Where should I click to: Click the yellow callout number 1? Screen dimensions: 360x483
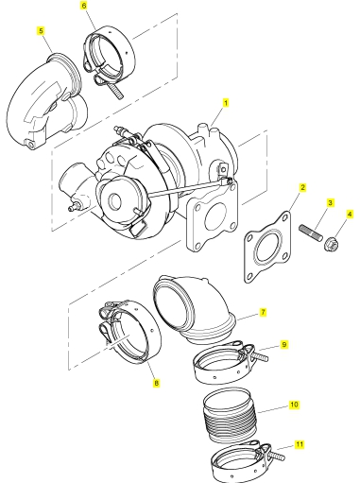pos(225,103)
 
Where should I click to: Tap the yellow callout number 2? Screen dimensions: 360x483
pos(302,188)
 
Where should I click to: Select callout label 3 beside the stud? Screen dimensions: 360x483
pos(330,202)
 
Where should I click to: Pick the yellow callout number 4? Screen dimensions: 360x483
pos(350,215)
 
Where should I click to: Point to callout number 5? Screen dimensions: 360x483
pos(41,31)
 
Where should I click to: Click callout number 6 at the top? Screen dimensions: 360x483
pos(84,6)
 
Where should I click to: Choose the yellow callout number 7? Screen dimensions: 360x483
pos(263,313)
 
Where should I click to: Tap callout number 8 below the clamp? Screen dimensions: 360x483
pos(156,383)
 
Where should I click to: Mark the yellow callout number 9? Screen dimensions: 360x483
pos(284,344)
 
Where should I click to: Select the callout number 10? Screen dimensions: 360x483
pos(294,405)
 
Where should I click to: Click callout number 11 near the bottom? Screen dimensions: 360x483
pos(300,444)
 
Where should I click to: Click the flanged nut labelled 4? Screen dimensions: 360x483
pos(330,245)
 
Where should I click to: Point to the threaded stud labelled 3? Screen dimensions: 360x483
pos(310,233)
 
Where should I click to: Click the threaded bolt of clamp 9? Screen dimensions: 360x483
pos(260,356)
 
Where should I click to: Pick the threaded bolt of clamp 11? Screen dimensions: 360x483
pos(277,456)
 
